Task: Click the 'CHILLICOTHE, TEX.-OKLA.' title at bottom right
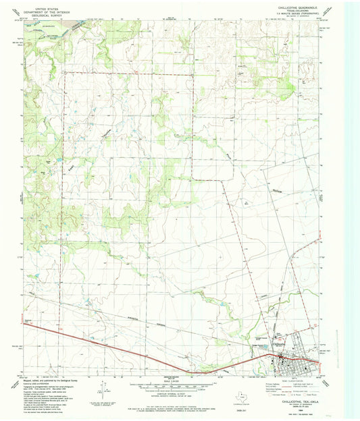point(294,399)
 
